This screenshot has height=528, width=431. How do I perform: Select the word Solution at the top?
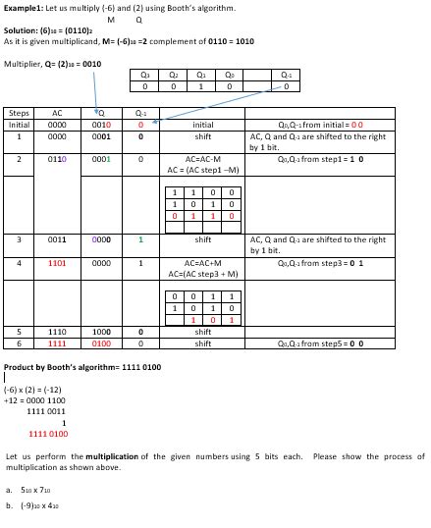click(x=21, y=30)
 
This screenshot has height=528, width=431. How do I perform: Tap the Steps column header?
click(x=18, y=113)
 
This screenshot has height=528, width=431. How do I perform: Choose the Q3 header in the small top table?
click(x=145, y=73)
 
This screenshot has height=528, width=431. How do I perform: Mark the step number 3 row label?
click(x=19, y=238)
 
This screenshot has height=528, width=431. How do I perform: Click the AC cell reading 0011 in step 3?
click(x=56, y=238)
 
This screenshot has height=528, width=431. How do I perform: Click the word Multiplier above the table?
click(x=23, y=62)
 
